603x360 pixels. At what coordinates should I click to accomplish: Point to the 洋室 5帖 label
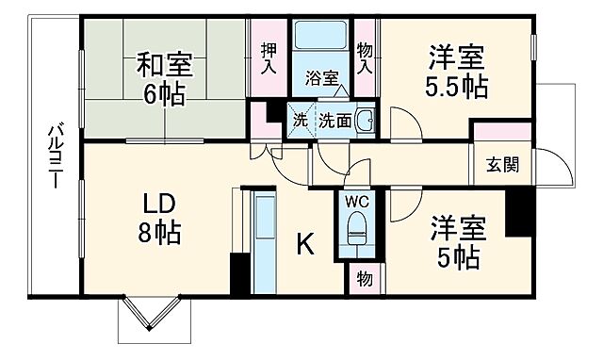(x=458, y=240)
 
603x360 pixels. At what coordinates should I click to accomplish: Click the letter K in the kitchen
(x=305, y=244)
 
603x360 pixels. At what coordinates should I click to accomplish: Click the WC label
(x=355, y=201)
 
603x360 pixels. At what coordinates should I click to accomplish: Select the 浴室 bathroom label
(x=321, y=78)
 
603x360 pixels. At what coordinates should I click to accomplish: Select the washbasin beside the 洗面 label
(x=366, y=121)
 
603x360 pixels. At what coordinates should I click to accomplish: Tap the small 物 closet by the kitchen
(x=364, y=279)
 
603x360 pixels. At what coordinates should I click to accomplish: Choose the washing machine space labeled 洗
(x=300, y=121)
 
